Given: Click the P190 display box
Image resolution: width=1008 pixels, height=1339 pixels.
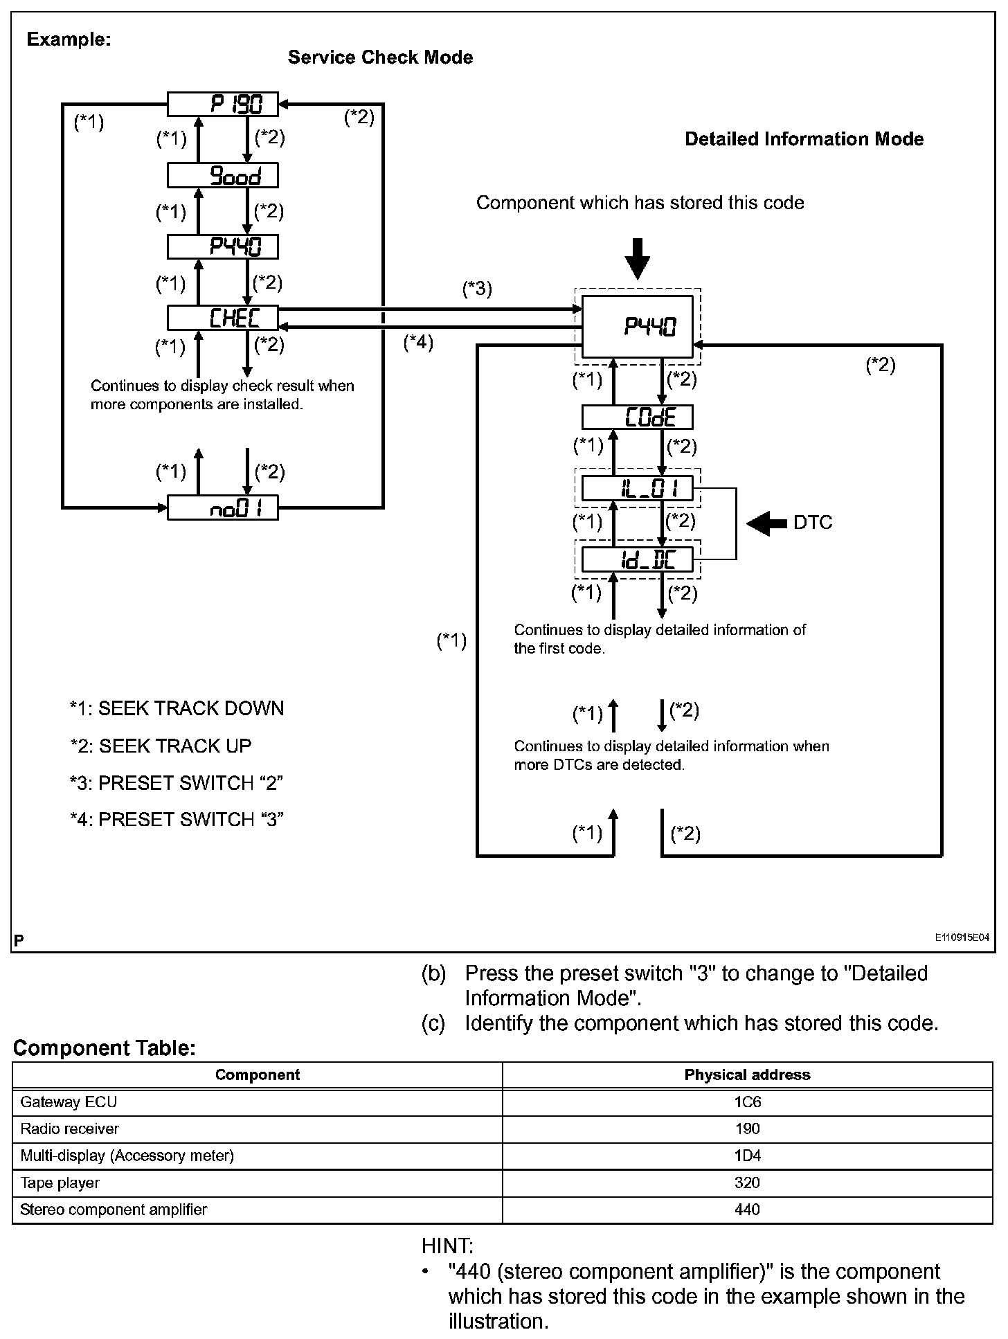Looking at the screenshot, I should (222, 105).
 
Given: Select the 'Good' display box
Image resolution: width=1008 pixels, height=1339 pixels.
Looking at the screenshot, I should (222, 176).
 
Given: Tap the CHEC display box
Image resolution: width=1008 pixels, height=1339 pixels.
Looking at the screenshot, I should (222, 318).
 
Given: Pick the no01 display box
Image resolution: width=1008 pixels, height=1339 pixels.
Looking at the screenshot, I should (222, 509).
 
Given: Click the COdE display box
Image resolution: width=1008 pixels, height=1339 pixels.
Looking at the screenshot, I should (637, 417).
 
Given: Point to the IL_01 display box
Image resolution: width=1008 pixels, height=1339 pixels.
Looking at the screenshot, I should (637, 489).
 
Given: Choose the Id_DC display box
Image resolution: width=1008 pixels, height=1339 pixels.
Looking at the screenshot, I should (637, 559).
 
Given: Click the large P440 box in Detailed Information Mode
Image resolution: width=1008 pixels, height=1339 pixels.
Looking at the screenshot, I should (637, 327).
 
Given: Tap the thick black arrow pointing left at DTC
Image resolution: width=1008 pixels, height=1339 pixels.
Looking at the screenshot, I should (766, 523).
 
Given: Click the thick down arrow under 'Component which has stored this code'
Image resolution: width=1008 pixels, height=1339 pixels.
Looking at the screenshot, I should (637, 258).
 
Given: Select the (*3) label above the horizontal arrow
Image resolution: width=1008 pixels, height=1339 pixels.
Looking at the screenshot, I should (477, 289).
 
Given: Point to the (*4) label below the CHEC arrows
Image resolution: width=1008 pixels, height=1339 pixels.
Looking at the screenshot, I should (418, 342).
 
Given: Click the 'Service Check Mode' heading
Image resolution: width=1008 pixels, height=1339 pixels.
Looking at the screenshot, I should (380, 57).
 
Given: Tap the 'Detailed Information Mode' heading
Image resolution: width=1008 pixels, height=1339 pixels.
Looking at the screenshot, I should (804, 139).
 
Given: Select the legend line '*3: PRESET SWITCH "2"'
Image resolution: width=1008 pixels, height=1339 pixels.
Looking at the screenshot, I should (177, 783).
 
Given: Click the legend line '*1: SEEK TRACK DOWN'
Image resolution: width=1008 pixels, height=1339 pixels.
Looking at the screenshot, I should (177, 708).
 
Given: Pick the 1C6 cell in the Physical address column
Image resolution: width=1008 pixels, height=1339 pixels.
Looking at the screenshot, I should (747, 1102).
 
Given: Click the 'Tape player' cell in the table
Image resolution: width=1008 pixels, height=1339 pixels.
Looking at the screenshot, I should (60, 1183).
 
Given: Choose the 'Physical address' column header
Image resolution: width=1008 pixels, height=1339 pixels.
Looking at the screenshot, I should (747, 1075).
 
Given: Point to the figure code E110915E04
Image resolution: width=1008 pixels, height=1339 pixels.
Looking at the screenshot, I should (962, 937).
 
